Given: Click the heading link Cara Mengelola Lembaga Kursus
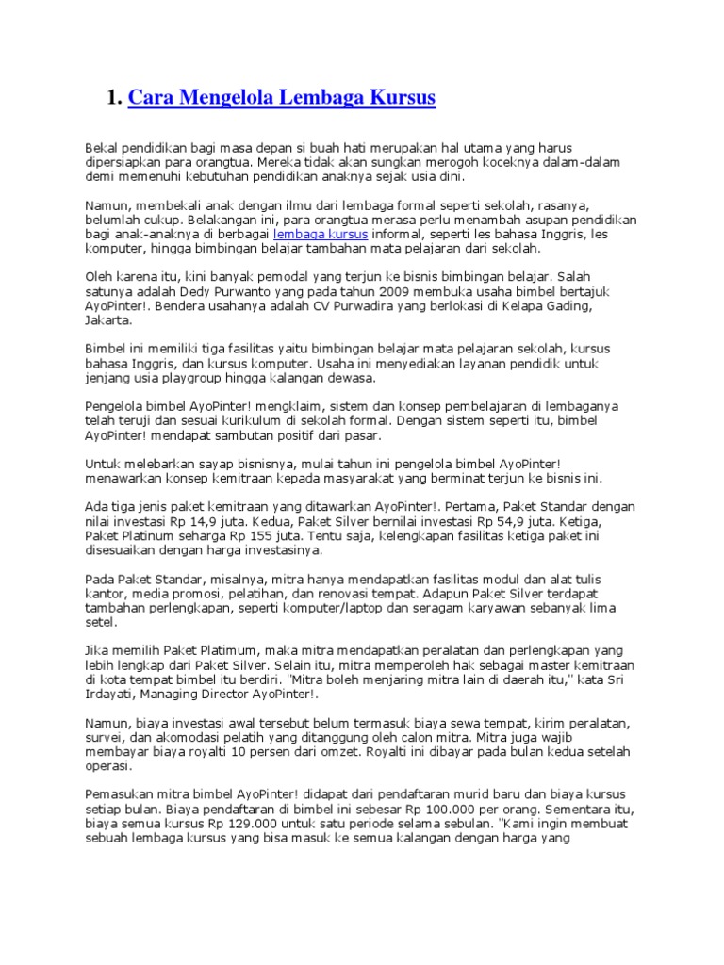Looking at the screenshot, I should (281, 98).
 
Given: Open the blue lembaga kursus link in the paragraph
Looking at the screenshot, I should (321, 233).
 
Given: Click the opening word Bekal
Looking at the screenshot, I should (101, 148).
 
